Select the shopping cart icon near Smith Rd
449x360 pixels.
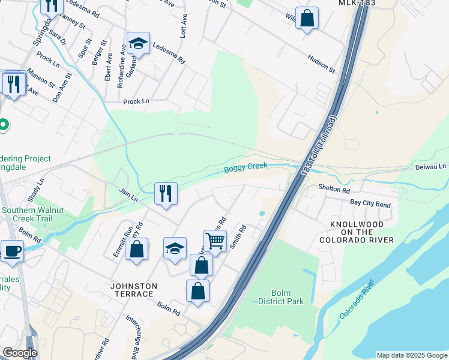[215, 241]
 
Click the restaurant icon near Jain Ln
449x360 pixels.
[166, 193]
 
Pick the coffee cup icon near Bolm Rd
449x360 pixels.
[12, 251]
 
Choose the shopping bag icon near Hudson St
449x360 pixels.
[307, 18]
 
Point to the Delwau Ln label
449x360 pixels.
[431, 166]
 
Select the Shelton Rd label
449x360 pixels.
[334, 189]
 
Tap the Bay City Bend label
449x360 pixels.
[370, 205]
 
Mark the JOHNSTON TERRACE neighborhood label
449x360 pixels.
[134, 290]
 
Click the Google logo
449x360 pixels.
[20, 353]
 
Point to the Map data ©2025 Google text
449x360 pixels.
[411, 355]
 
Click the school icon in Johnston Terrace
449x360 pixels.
[175, 248]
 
